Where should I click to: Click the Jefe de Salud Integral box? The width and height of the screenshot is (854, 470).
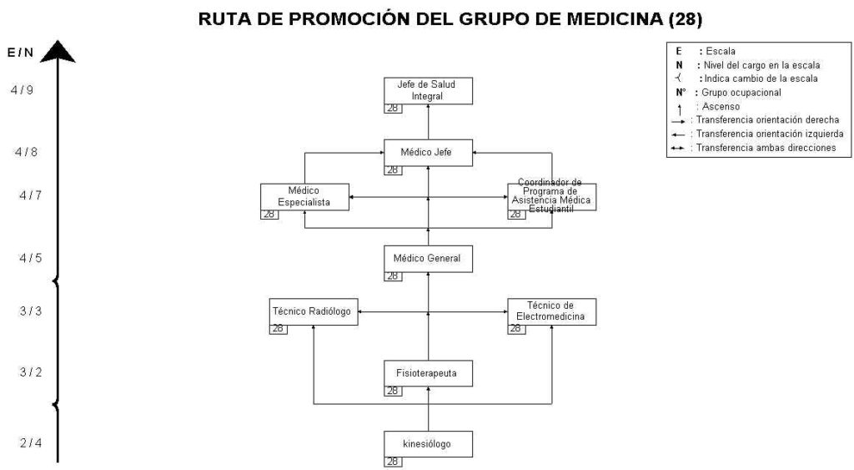(x=428, y=90)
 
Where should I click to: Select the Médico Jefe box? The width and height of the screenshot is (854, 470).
(x=428, y=153)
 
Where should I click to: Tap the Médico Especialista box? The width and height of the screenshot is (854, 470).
(x=304, y=197)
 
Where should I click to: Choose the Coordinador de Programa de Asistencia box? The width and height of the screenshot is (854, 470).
(x=552, y=197)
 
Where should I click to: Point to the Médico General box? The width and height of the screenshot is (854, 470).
(x=428, y=259)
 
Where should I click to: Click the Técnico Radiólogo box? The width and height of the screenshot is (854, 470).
(x=314, y=312)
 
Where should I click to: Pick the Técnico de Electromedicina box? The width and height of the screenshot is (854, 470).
(x=552, y=312)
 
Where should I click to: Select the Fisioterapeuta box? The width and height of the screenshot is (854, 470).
(x=428, y=373)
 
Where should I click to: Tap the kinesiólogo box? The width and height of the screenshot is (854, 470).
(x=428, y=444)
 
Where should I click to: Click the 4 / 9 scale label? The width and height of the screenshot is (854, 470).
(x=22, y=90)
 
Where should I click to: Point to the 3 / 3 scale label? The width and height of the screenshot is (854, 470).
(x=31, y=311)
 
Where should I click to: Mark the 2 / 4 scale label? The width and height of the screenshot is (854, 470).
(x=31, y=442)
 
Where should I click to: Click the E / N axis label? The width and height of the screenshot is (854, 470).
(x=20, y=53)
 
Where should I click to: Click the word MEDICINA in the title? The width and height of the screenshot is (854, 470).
(x=615, y=18)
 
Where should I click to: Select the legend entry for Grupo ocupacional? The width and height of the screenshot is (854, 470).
(x=729, y=93)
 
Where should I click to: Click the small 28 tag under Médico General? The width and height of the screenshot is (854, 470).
(x=393, y=276)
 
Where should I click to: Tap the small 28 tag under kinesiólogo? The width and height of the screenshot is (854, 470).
(x=393, y=462)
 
